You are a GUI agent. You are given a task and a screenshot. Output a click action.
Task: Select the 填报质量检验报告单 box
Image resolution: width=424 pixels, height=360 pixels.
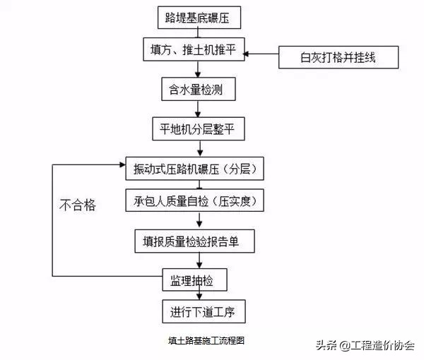click(194, 241)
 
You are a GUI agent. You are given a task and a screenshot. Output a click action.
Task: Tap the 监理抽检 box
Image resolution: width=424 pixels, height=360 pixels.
click(195, 280)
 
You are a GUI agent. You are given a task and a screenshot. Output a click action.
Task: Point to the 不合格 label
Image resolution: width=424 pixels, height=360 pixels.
click(77, 207)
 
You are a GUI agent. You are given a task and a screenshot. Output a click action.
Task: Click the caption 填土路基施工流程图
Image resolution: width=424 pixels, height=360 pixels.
click(206, 340)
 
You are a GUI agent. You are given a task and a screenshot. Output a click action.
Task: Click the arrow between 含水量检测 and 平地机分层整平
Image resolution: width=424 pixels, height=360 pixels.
click(196, 109)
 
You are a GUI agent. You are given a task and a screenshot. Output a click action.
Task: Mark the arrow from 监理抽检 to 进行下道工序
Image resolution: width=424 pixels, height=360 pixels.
click(197, 295)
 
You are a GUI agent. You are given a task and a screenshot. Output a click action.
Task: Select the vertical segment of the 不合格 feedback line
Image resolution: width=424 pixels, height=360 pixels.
click(53, 219)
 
